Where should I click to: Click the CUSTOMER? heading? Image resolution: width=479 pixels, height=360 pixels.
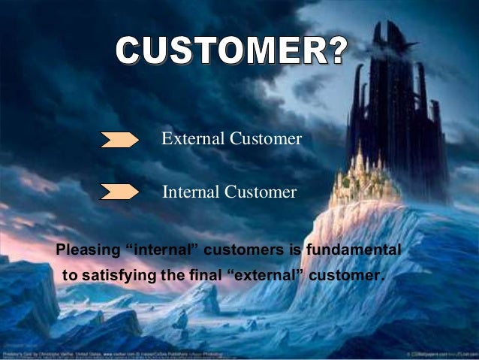231,51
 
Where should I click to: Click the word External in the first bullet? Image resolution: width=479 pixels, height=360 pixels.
191,139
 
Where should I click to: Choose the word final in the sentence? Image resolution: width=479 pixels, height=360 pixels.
201,276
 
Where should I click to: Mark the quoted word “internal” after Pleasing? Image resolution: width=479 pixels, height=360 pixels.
153,248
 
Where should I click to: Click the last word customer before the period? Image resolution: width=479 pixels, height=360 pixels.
345,276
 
